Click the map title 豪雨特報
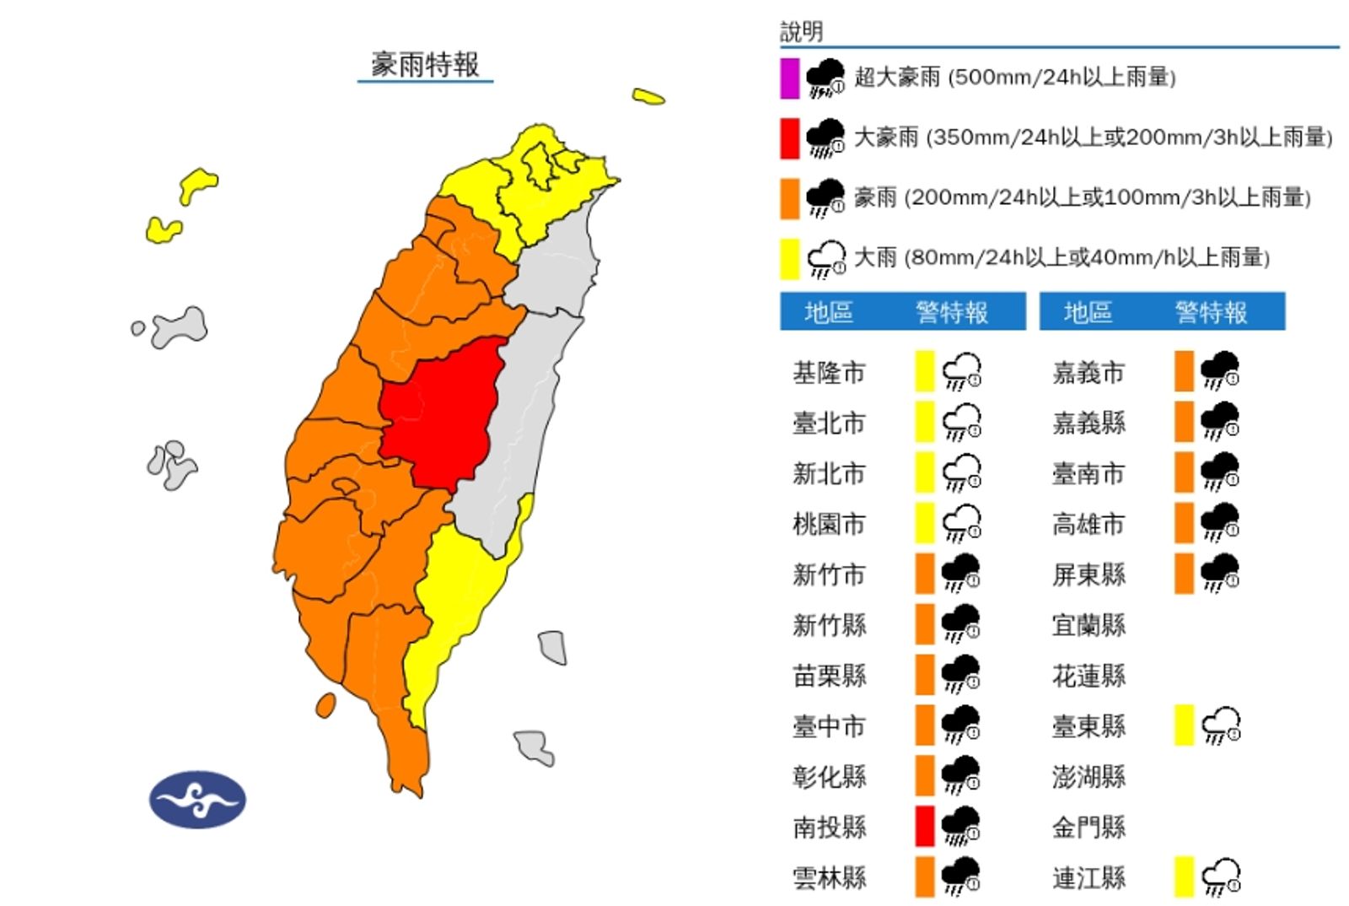click(x=425, y=64)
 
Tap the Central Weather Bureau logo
click(x=197, y=798)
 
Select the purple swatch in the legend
click(x=789, y=78)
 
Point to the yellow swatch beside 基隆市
click(x=925, y=371)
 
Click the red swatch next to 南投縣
click(x=925, y=827)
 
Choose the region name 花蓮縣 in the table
click(x=1088, y=676)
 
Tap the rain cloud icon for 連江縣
click(x=1221, y=877)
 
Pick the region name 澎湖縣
click(x=1088, y=777)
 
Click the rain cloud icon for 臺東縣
click(x=1221, y=725)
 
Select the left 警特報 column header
click(x=952, y=312)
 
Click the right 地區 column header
click(x=1088, y=312)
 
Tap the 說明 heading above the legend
click(x=801, y=32)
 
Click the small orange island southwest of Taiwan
click(x=325, y=705)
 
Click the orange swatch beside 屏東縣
click(x=1184, y=574)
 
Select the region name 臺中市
click(x=829, y=726)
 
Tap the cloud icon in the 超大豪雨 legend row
click(x=825, y=78)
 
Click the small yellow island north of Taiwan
click(x=648, y=97)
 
